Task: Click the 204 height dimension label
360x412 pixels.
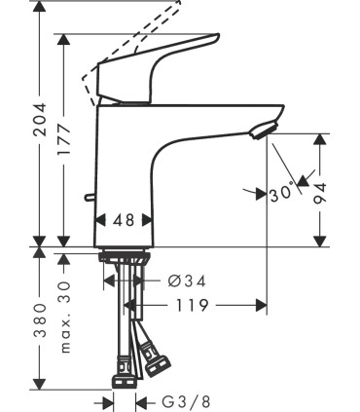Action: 39,122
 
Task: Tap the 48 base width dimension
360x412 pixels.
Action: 123,220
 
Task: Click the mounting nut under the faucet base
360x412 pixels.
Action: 123,258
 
